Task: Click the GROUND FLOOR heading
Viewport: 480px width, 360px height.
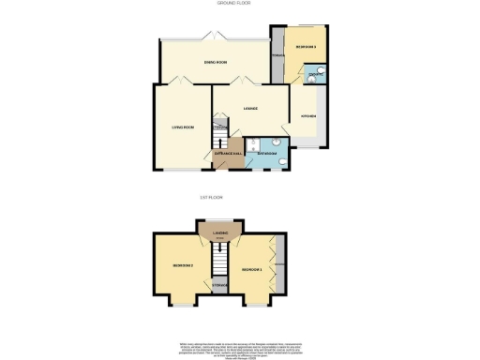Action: point(239,4)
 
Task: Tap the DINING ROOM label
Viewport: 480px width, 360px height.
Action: point(216,63)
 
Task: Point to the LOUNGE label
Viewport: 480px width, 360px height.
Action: point(250,109)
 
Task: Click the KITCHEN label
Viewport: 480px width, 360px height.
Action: point(307,116)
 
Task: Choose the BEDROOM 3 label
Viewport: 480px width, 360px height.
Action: point(306,46)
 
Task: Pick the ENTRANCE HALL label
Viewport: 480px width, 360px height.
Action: point(230,151)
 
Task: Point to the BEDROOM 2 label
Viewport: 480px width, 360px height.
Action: point(181,266)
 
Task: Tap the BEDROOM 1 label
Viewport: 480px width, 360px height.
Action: point(250,270)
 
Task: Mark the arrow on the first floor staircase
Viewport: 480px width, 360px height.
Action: point(221,250)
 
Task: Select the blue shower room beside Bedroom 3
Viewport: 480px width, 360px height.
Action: point(317,75)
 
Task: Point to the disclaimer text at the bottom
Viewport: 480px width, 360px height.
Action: point(238,348)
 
